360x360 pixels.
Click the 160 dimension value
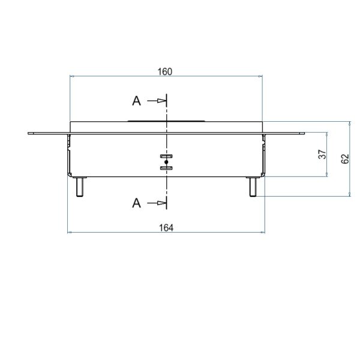(165, 71)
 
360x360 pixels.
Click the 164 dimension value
(166, 228)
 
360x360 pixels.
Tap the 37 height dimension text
(322, 154)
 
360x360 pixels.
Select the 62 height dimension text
(345, 159)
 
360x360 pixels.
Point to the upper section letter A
(136, 101)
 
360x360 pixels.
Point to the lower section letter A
(136, 203)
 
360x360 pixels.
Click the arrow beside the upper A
(157, 101)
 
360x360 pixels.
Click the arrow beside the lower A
(157, 203)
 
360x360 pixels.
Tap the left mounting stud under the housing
(80, 187)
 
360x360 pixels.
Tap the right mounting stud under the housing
(253, 187)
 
